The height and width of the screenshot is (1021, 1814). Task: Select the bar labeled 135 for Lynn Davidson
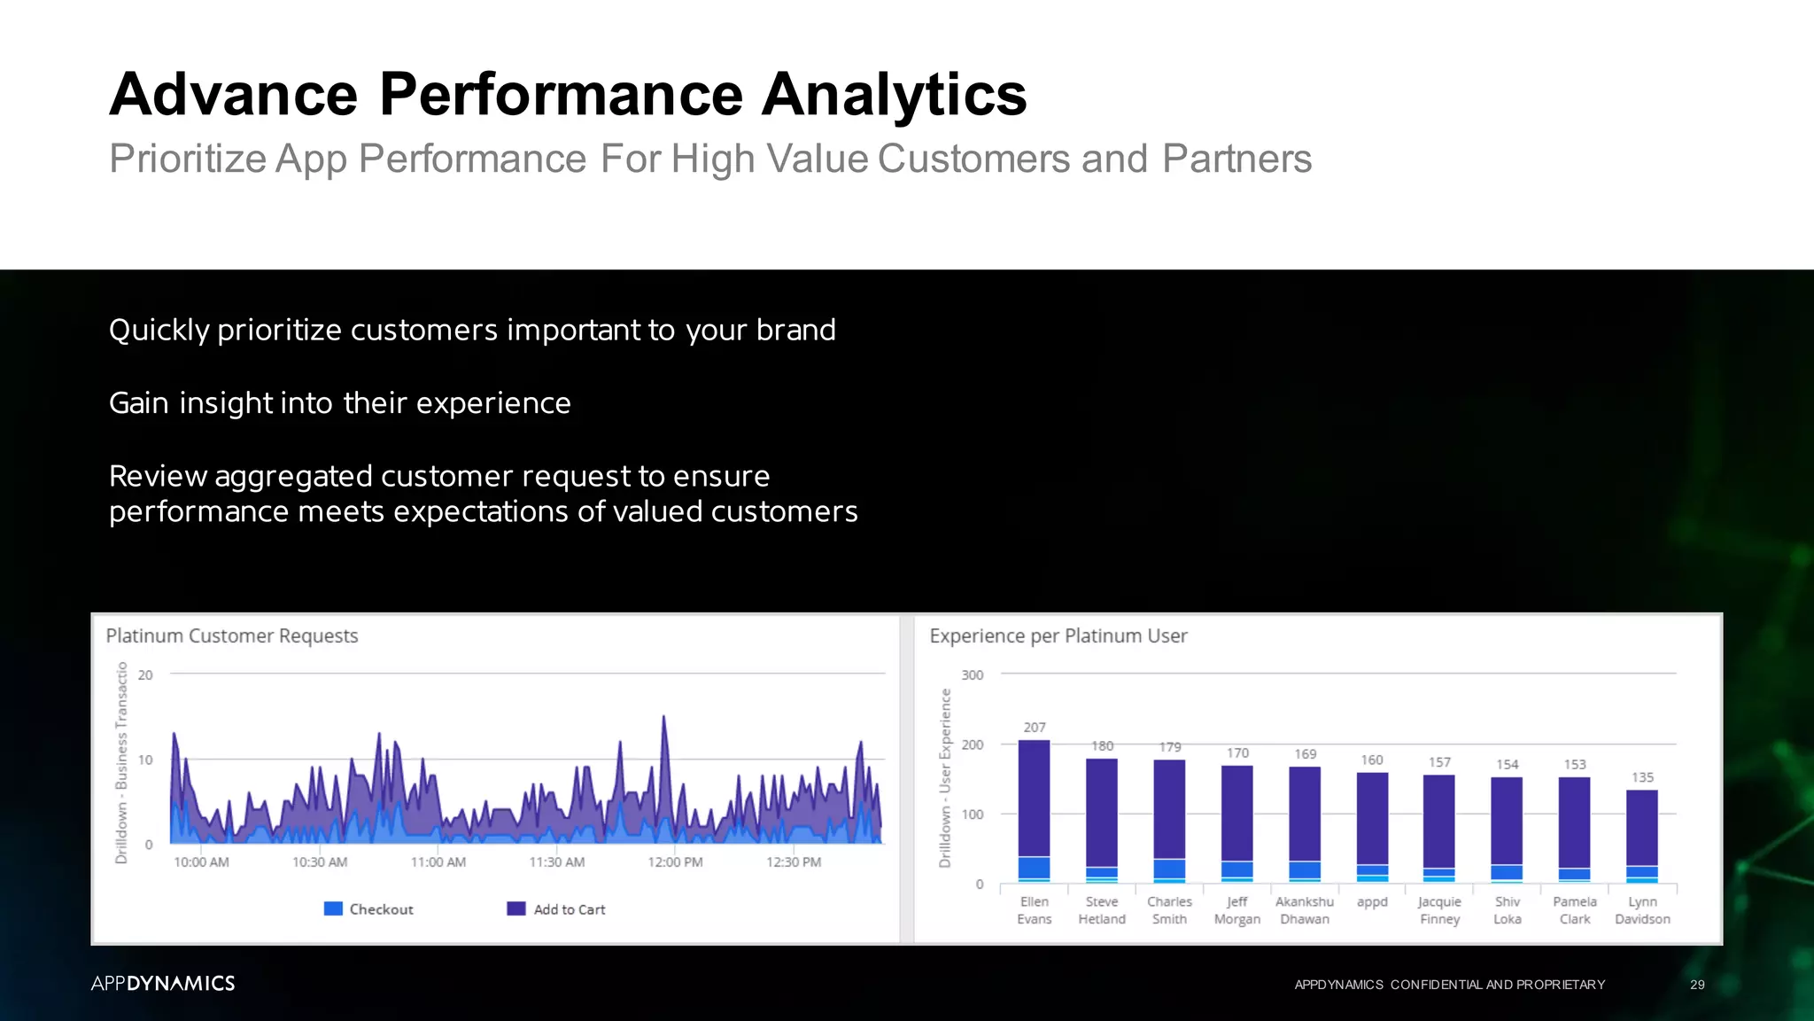coord(1641,833)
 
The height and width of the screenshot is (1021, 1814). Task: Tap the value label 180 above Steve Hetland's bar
coord(1102,746)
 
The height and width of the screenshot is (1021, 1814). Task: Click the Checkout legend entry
coord(369,909)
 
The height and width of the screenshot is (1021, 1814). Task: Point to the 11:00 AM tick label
coord(438,862)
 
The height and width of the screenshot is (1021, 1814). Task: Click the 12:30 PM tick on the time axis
coord(793,862)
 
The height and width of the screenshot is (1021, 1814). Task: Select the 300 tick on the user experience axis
coord(972,675)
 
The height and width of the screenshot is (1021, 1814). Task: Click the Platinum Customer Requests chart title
coord(232,636)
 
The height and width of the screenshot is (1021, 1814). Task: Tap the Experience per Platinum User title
coord(1058,636)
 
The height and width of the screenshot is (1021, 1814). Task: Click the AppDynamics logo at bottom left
coord(163,984)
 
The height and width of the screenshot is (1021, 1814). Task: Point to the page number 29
coord(1696,985)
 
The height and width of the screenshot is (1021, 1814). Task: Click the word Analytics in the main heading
coord(894,94)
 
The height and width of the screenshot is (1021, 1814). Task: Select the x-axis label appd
coord(1372,902)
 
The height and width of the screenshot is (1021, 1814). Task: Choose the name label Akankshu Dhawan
coord(1304,910)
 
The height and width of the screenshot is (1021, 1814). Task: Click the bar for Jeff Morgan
coord(1236,820)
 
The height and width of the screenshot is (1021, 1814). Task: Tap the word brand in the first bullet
coord(795,330)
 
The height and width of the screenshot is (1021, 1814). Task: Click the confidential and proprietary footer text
coord(1449,985)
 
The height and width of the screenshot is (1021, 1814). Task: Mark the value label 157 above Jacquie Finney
coord(1439,762)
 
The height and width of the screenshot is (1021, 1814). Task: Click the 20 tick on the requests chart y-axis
coord(145,675)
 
